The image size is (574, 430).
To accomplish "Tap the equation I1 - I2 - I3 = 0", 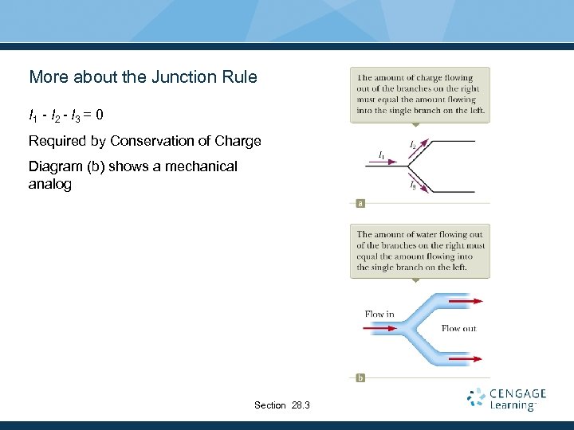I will [x=65, y=115].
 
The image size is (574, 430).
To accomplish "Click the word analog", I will [x=50, y=184].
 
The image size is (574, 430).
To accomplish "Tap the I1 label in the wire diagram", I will [x=382, y=153].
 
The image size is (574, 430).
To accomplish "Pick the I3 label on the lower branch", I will [x=413, y=186].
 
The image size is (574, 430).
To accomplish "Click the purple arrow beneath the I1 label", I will [x=386, y=162].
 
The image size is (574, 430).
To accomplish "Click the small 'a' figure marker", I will [x=360, y=204].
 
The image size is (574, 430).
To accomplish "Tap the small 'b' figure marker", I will [x=360, y=377].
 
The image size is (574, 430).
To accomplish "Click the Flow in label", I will [x=379, y=314].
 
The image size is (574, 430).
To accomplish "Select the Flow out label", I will [x=458, y=328].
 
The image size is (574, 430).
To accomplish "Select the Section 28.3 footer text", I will [x=282, y=405].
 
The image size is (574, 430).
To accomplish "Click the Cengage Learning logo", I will [x=507, y=399].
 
